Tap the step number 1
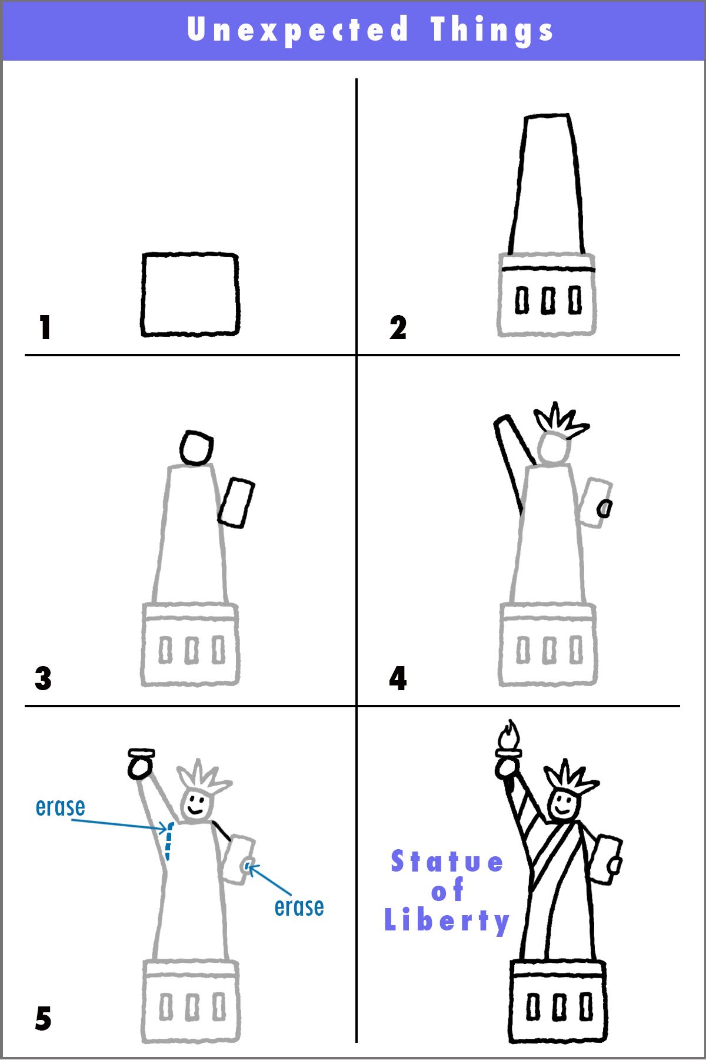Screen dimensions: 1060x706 coord(45,327)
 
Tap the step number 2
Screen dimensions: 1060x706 coord(398,327)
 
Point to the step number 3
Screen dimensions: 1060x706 coord(43,678)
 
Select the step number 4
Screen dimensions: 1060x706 coord(398,678)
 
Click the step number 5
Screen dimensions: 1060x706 coord(43,1019)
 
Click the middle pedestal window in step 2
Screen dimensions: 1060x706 coord(548,300)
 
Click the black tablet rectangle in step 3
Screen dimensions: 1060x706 coord(237,502)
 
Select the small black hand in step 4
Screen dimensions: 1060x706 coord(604,508)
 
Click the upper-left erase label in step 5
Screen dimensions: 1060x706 coord(60,807)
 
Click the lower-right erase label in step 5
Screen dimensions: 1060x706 coord(299,907)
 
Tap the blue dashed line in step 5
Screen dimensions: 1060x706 coord(168,842)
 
